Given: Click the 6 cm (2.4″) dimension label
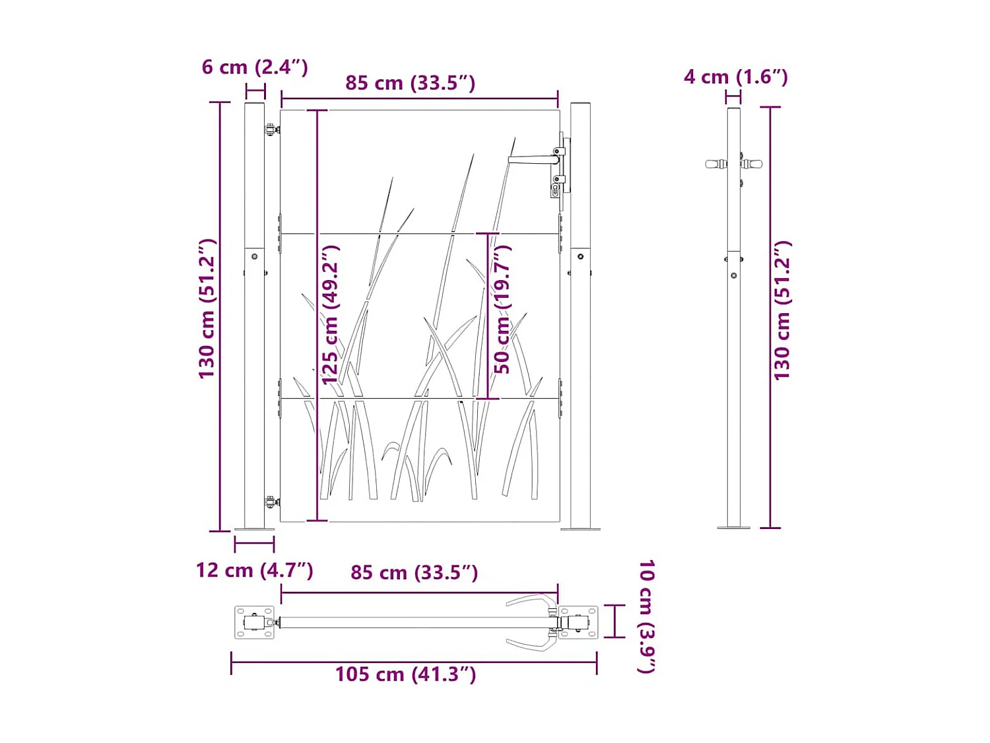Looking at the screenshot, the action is (x=255, y=67).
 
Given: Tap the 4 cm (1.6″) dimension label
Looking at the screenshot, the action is (x=735, y=77).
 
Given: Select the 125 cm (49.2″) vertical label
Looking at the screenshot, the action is (x=331, y=315).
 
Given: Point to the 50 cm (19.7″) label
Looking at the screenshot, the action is (x=502, y=310).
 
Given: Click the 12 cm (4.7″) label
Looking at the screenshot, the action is (x=254, y=571).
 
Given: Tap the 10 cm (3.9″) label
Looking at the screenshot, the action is (x=646, y=617).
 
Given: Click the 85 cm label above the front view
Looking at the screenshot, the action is (x=410, y=83).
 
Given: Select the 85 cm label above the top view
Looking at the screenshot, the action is (x=414, y=573).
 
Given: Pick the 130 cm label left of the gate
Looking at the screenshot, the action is (x=208, y=309).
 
